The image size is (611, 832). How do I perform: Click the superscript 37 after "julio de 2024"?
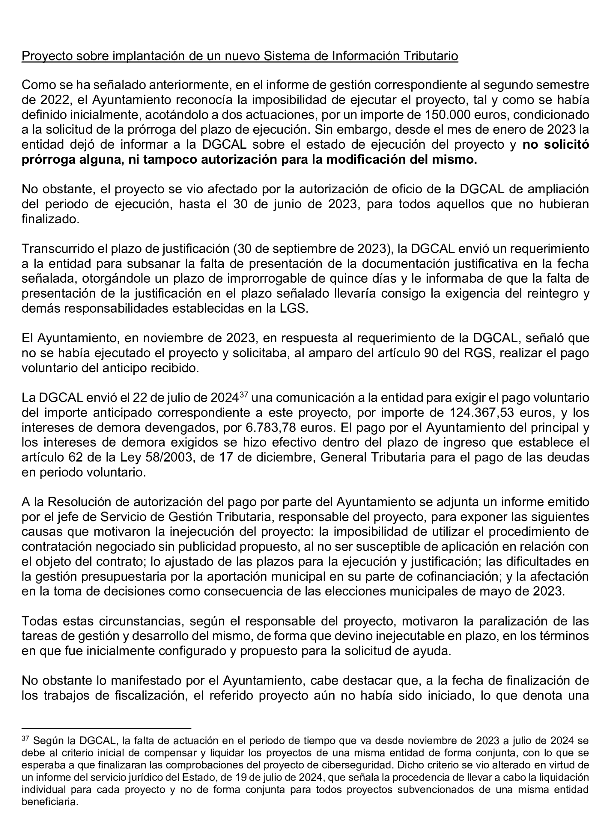tap(243, 395)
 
